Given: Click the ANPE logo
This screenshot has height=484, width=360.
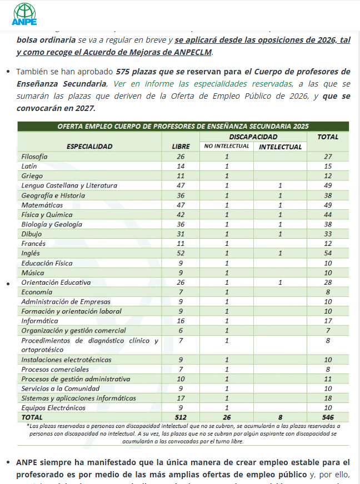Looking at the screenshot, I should point(24,14).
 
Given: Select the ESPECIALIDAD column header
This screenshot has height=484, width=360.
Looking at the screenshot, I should point(89,147).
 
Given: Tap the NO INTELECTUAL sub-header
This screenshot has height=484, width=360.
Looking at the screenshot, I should point(226,147).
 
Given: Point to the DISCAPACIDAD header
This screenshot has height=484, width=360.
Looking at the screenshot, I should point(253,137).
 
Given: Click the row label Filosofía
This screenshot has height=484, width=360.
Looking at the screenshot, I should point(34,157).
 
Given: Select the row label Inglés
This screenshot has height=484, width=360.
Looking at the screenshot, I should point(30,253).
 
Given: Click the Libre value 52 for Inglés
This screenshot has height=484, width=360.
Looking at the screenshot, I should point(180,253).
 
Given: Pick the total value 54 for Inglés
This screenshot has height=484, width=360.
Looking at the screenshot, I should point(327,253).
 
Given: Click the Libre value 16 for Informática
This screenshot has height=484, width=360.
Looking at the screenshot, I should point(180,321).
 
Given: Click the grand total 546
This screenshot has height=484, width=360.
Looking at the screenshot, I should point(327,417).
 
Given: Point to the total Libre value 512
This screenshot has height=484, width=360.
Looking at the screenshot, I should point(180,417).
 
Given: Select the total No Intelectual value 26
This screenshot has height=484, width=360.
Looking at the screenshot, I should point(226,417).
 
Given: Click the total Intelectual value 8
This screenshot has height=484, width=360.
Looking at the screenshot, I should point(280,417).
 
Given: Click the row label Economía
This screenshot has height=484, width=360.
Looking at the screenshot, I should point(37,292).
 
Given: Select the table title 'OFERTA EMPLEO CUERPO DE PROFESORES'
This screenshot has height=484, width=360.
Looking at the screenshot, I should point(183,126).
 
